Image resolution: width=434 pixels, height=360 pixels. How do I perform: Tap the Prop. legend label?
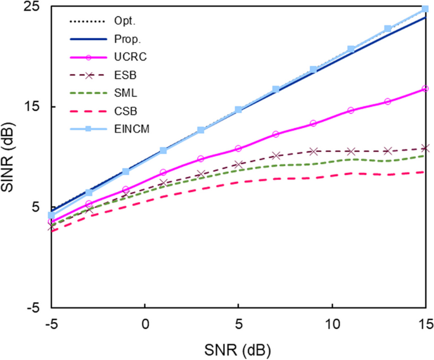point(118,39)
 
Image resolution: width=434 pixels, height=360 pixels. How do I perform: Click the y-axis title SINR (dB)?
point(11,157)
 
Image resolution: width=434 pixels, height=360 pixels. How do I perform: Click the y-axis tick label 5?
point(35,207)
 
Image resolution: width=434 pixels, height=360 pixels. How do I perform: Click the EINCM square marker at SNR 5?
point(238,110)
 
